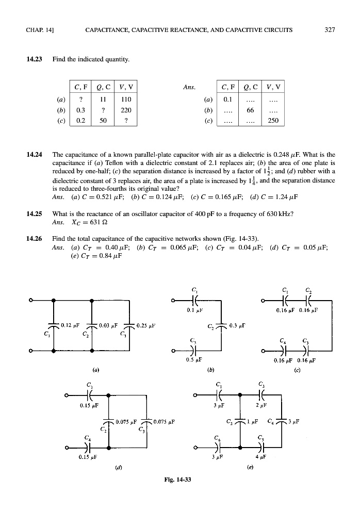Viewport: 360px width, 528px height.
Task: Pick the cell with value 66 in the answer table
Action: tap(251, 110)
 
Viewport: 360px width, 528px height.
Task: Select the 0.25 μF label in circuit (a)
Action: tap(146, 325)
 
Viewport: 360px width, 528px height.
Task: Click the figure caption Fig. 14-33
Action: tap(177, 480)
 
